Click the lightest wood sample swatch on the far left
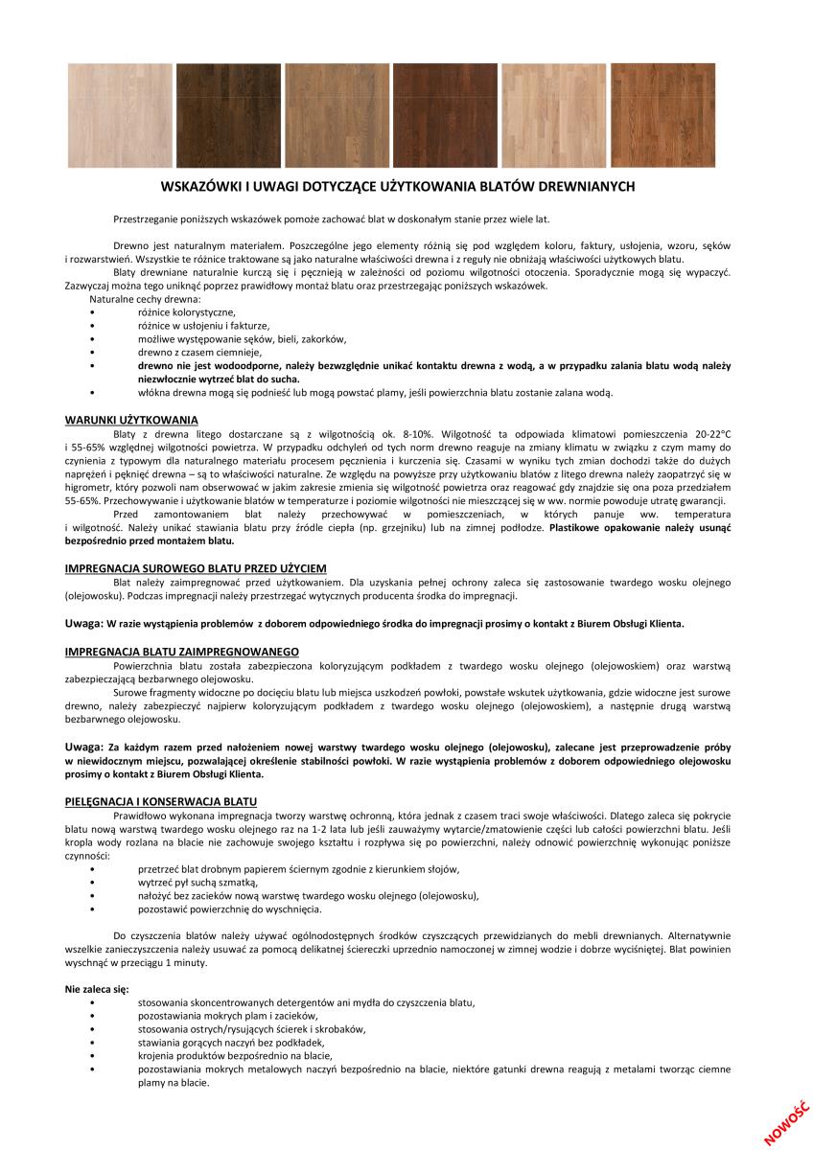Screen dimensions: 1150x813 click(x=120, y=116)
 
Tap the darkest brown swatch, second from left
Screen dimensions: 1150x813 click(x=228, y=116)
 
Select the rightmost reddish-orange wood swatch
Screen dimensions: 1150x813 click(x=662, y=116)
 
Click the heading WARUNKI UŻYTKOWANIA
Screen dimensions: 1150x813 click(x=131, y=420)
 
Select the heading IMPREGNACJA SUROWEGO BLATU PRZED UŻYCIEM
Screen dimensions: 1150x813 click(x=196, y=568)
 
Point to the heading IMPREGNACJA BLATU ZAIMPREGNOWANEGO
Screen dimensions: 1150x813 click(x=181, y=651)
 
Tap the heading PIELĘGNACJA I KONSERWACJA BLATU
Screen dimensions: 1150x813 click(x=161, y=800)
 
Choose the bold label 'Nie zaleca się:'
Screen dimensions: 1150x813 click(x=97, y=988)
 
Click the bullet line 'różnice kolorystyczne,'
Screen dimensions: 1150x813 click(x=187, y=312)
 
